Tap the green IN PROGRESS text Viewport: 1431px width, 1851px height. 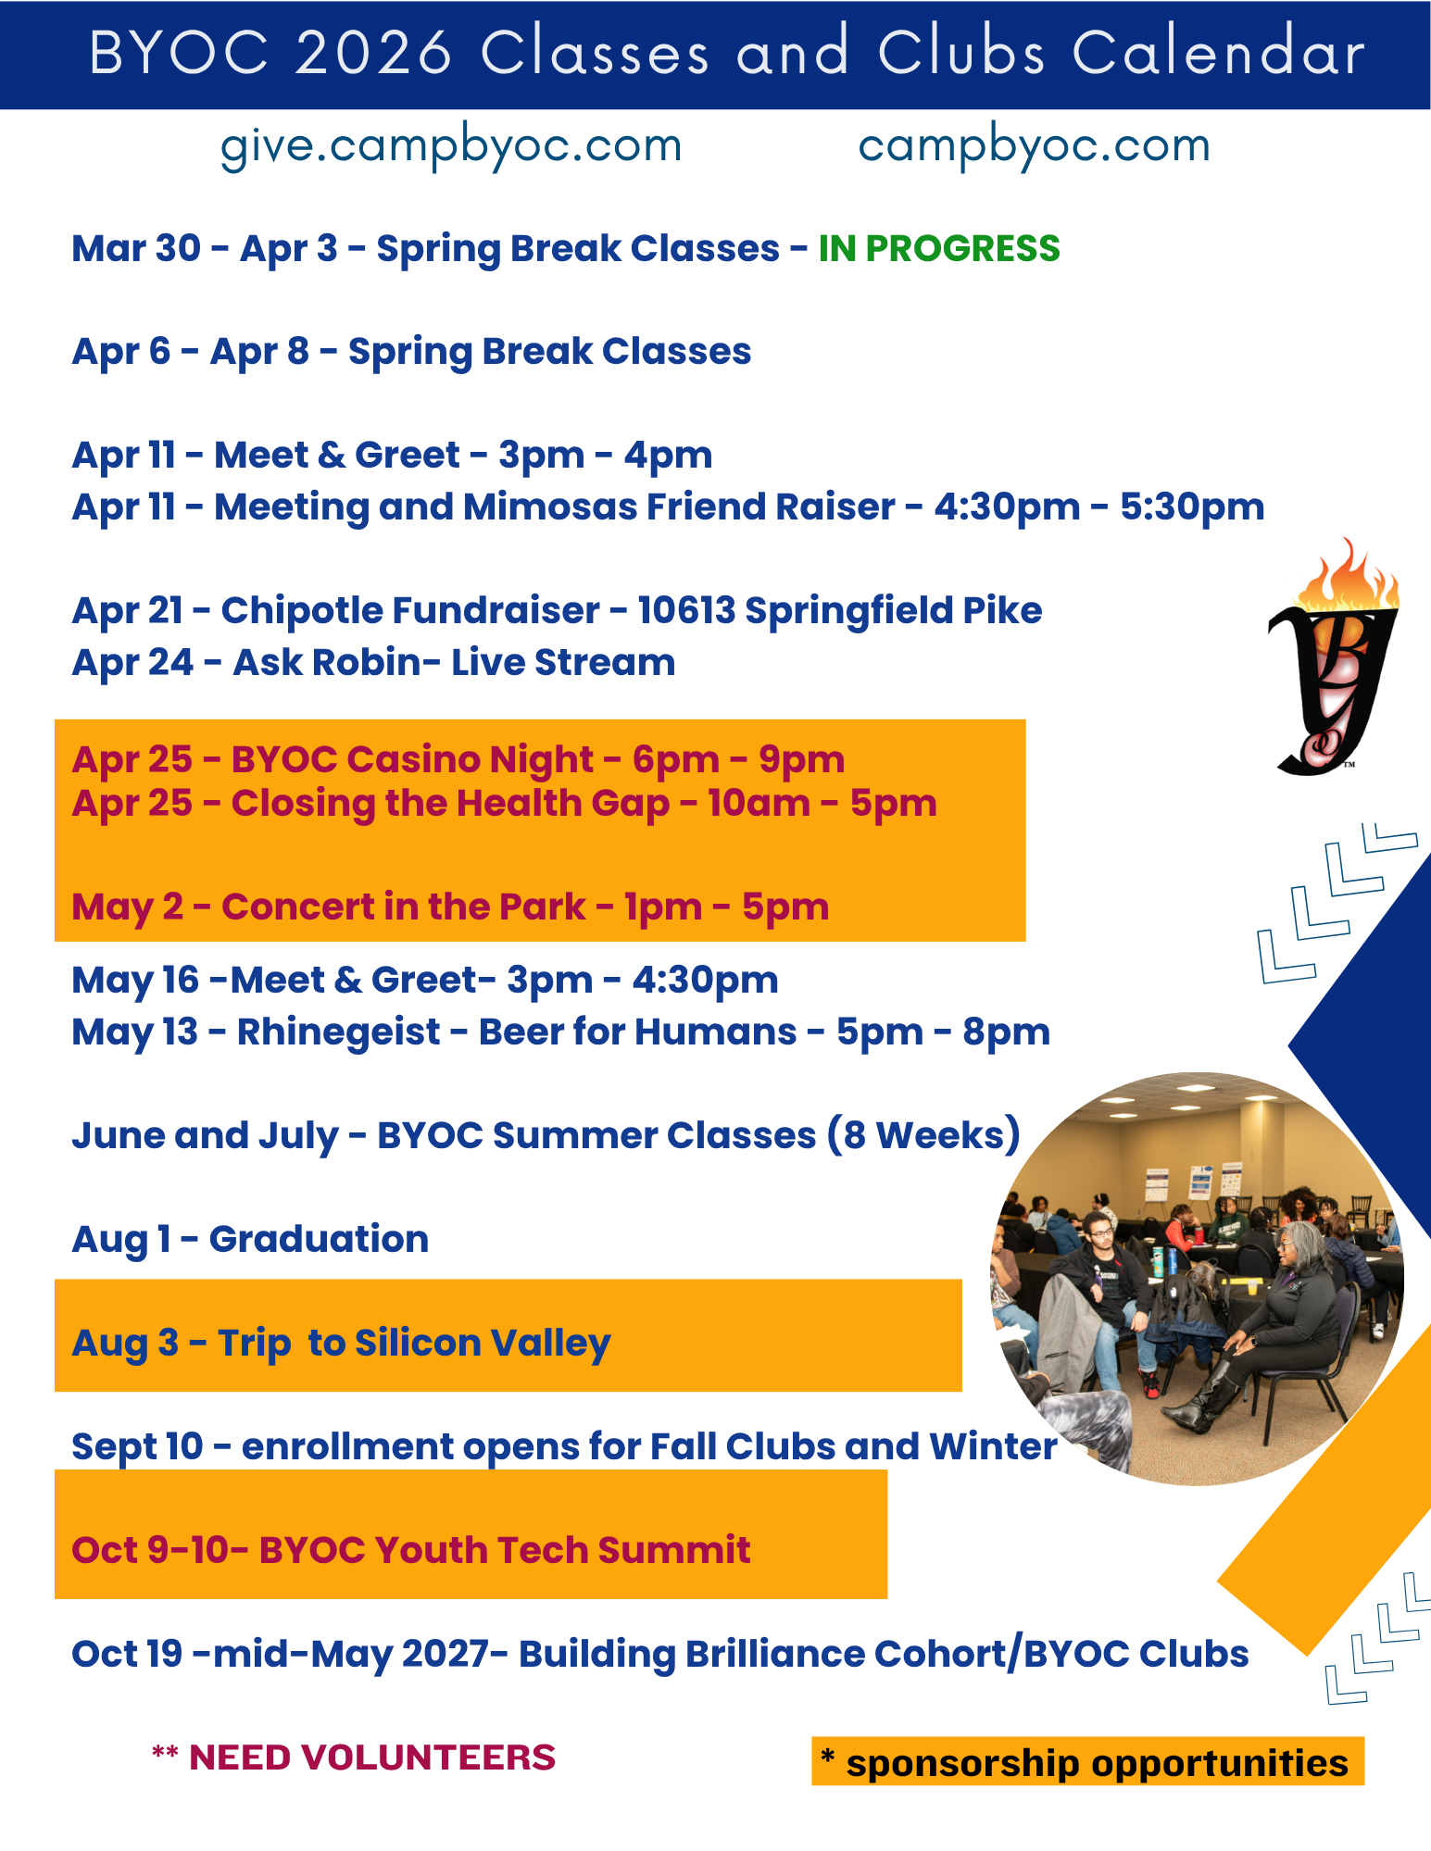[939, 248]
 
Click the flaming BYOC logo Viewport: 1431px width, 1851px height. [1334, 656]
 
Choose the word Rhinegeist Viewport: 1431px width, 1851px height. [338, 1032]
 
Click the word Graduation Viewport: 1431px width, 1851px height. [319, 1239]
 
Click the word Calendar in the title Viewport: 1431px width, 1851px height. [1219, 52]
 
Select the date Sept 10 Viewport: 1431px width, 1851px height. [137, 1447]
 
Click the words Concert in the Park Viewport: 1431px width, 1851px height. [404, 907]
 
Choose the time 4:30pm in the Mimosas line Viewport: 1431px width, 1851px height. [1007, 507]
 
